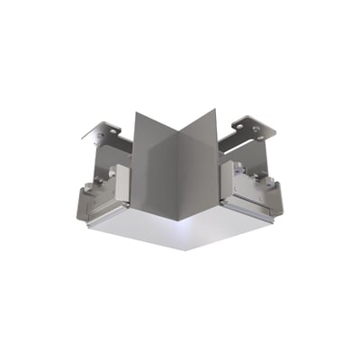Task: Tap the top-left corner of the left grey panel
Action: click(x=134, y=114)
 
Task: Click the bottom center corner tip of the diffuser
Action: click(x=185, y=249)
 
